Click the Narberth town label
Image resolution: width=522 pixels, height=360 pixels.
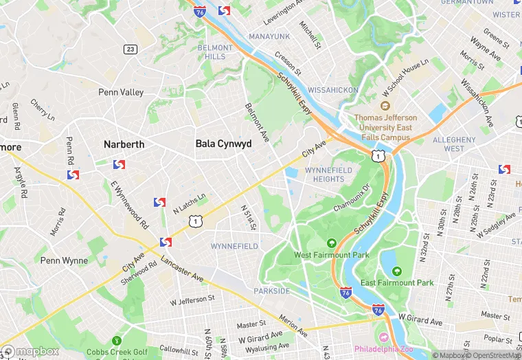click(x=124, y=144)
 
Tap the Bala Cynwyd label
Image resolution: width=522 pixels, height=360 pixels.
click(x=223, y=144)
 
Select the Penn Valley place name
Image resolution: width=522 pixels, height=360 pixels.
click(x=121, y=92)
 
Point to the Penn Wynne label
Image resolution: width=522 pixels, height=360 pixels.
click(x=64, y=260)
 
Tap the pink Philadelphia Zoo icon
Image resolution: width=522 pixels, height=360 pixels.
click(x=383, y=336)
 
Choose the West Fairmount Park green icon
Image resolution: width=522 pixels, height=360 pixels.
click(x=332, y=243)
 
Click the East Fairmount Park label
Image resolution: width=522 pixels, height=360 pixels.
click(x=407, y=282)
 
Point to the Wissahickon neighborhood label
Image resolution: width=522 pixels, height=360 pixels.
click(x=332, y=90)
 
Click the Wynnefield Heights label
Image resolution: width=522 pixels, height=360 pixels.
click(x=328, y=175)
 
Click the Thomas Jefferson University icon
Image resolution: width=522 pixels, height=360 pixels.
click(x=385, y=106)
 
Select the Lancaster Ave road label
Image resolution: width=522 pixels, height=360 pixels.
click(x=183, y=269)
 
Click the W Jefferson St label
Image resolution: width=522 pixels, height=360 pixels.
click(x=192, y=300)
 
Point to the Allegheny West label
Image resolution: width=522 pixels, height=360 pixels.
click(x=454, y=144)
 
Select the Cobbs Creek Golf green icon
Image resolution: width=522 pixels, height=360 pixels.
click(x=117, y=340)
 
